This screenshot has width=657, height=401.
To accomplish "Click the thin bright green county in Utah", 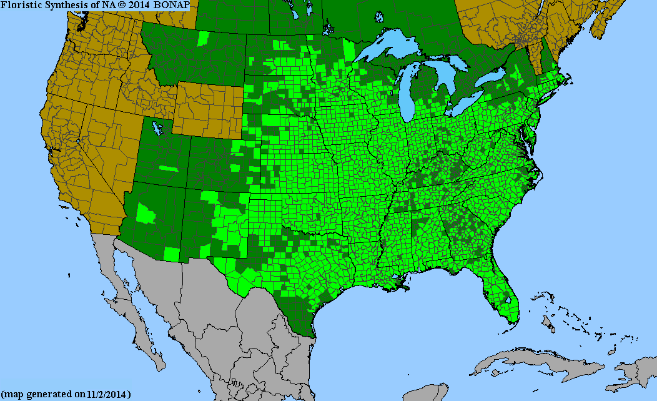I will [x=168, y=169].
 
